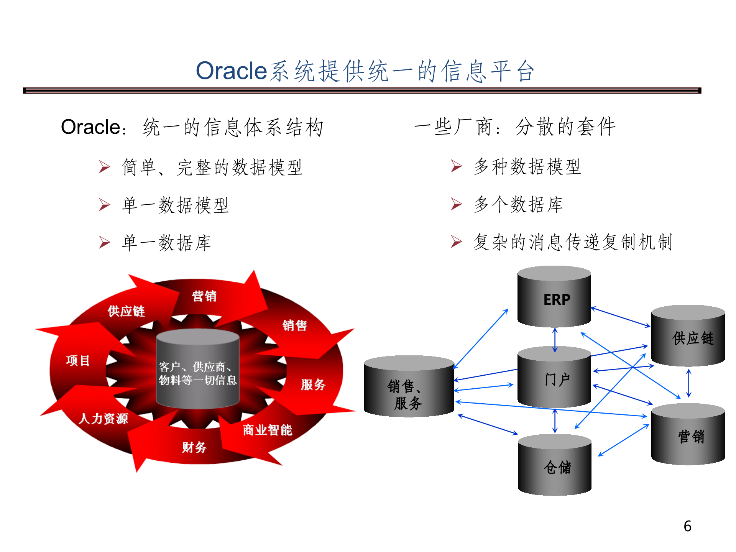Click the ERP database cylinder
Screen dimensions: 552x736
pyautogui.click(x=554, y=297)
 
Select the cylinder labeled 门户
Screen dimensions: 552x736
pyautogui.click(x=554, y=378)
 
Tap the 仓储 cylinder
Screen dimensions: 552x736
pyautogui.click(x=555, y=466)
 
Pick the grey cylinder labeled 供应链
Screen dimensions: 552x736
pyautogui.click(x=688, y=337)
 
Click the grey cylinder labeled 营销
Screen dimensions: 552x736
pyautogui.click(x=688, y=435)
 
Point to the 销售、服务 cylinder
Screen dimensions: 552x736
pyautogui.click(x=409, y=387)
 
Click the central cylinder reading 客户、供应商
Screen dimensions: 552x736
pyautogui.click(x=198, y=370)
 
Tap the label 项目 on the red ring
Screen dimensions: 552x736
pyautogui.click(x=78, y=360)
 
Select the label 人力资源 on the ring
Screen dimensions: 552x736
pyautogui.click(x=103, y=418)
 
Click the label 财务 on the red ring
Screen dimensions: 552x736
pyautogui.click(x=194, y=447)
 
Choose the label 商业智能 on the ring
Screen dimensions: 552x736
pyautogui.click(x=268, y=430)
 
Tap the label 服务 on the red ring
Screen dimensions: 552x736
pyautogui.click(x=313, y=384)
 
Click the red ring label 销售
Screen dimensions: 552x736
pyautogui.click(x=295, y=325)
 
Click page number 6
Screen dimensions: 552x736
pyautogui.click(x=687, y=526)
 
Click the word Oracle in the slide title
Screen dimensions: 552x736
pyautogui.click(x=231, y=71)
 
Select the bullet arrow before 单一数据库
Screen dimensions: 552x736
pyautogui.click(x=104, y=243)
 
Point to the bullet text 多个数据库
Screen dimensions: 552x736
pyautogui.click(x=518, y=204)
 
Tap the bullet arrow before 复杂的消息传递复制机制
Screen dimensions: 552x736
pyautogui.click(x=456, y=242)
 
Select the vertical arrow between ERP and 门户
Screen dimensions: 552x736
pyautogui.click(x=555, y=340)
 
